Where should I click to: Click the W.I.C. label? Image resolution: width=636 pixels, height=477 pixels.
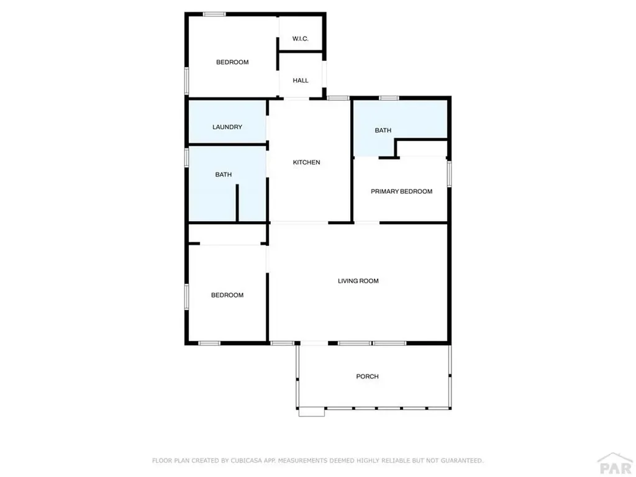pos(301,39)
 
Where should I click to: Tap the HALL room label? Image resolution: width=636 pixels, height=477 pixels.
pos(301,80)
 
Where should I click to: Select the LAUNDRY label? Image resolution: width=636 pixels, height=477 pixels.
pos(227,127)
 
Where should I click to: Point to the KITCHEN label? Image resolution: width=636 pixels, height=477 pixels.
pos(307,163)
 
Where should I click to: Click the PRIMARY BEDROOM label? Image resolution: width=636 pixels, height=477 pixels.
pos(401,191)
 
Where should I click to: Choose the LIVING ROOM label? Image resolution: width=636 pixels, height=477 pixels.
pos(358,281)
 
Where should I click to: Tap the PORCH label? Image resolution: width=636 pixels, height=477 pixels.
pos(367,376)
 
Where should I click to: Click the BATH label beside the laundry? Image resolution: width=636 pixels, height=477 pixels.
pos(224,175)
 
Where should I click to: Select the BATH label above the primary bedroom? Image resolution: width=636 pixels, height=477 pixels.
pos(383,130)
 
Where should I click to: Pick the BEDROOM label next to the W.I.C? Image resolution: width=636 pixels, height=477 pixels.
pos(232,62)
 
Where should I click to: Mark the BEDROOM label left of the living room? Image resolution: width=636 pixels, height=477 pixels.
pos(227,295)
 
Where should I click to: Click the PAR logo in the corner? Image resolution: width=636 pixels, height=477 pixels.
pos(614,465)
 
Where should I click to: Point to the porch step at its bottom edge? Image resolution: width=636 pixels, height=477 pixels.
pos(311,411)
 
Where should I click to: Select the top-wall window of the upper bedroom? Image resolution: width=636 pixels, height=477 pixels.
pos(214,14)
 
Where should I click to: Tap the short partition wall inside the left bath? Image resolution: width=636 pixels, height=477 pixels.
pos(237,202)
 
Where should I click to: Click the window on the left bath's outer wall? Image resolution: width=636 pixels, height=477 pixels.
pos(186,157)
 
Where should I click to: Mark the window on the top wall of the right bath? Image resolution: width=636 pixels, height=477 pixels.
pos(389,98)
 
